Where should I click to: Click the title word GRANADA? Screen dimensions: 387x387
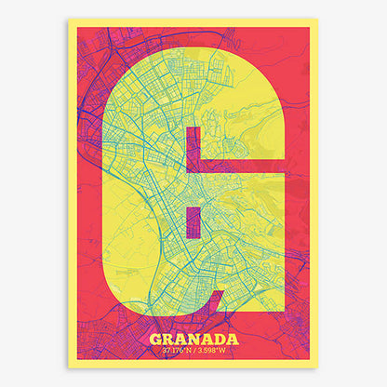(x=193, y=339)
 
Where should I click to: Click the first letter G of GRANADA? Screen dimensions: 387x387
(x=155, y=339)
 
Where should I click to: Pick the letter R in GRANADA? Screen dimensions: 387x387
(x=167, y=339)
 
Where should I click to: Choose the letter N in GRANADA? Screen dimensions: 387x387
(x=193, y=339)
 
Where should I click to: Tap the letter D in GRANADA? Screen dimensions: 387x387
(x=218, y=339)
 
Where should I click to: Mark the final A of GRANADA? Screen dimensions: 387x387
(x=231, y=339)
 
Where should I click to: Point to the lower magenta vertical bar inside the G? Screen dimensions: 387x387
(x=193, y=223)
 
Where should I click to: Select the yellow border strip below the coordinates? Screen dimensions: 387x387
(x=193, y=364)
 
